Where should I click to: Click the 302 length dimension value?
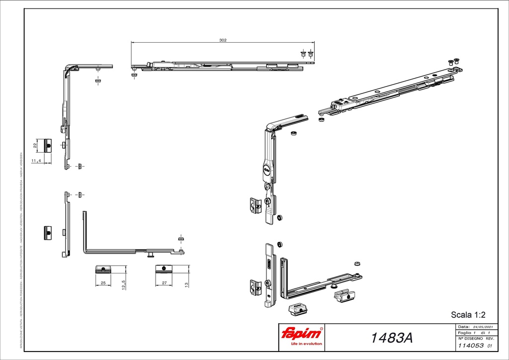point(223,41)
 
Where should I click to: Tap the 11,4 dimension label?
point(36,161)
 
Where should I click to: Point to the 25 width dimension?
point(102,282)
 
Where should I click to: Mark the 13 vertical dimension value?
point(185,286)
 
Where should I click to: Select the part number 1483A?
point(392,338)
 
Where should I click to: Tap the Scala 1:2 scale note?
point(467,314)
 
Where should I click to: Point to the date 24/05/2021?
point(481,327)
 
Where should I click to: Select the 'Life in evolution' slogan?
point(302,344)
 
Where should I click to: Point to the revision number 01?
point(490,346)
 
